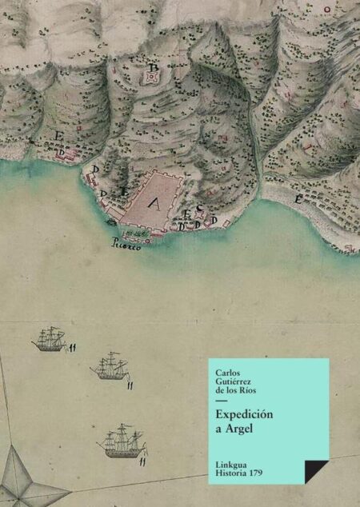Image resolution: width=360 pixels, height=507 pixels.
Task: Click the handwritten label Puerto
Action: click(126, 246)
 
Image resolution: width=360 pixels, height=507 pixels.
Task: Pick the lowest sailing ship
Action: click(124, 440)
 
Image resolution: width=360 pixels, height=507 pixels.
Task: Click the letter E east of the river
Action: click(298, 198)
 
